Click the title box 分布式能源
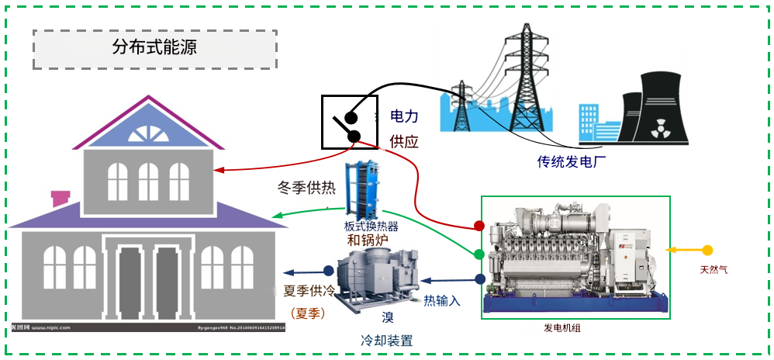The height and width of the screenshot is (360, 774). click(x=154, y=49)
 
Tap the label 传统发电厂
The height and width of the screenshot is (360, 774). click(x=572, y=162)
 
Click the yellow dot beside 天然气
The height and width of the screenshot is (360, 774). click(x=707, y=251)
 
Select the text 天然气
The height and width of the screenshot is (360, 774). click(x=714, y=270)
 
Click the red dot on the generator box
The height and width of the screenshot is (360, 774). click(x=479, y=226)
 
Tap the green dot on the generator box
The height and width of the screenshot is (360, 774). click(x=479, y=254)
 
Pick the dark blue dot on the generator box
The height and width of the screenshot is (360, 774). click(x=480, y=279)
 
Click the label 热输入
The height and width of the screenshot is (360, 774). click(x=442, y=301)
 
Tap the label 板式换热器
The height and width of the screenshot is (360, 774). click(x=371, y=227)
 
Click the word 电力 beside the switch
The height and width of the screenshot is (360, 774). click(x=404, y=116)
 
